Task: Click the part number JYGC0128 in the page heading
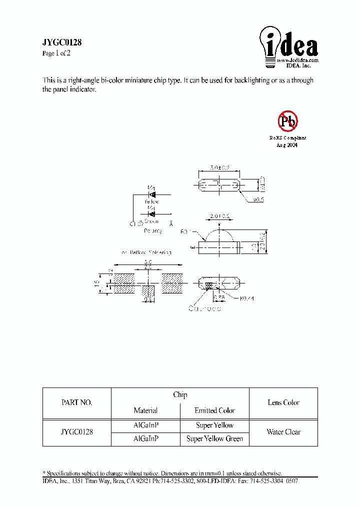61,43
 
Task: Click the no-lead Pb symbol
287,120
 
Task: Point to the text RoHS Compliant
287,137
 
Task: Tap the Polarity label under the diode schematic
153,231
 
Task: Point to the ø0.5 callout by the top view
258,199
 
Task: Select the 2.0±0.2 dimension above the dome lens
219,216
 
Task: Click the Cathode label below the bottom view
204,308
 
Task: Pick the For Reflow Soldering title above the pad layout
146,252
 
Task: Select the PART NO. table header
76,402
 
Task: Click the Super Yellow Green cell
214,438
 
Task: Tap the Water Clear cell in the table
283,432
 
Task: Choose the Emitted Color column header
214,410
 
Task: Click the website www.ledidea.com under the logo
297,60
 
